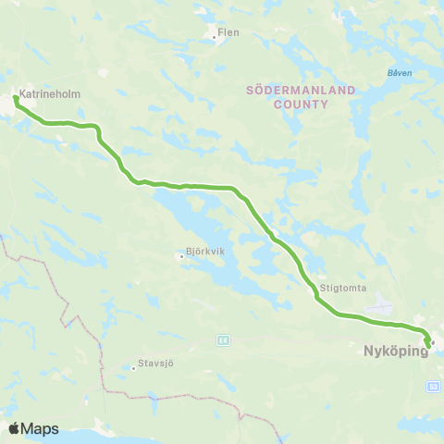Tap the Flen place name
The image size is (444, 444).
tap(228, 33)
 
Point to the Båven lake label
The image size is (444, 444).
tap(400, 72)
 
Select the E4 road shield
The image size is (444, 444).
tap(223, 339)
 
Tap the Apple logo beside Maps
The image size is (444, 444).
tap(15, 428)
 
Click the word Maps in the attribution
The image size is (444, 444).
tap(41, 429)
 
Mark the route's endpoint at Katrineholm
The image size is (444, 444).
tap(17, 97)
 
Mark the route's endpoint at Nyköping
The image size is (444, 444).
tap(427, 347)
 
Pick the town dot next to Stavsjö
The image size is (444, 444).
tap(134, 367)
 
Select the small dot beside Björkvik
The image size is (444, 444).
tap(181, 256)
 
